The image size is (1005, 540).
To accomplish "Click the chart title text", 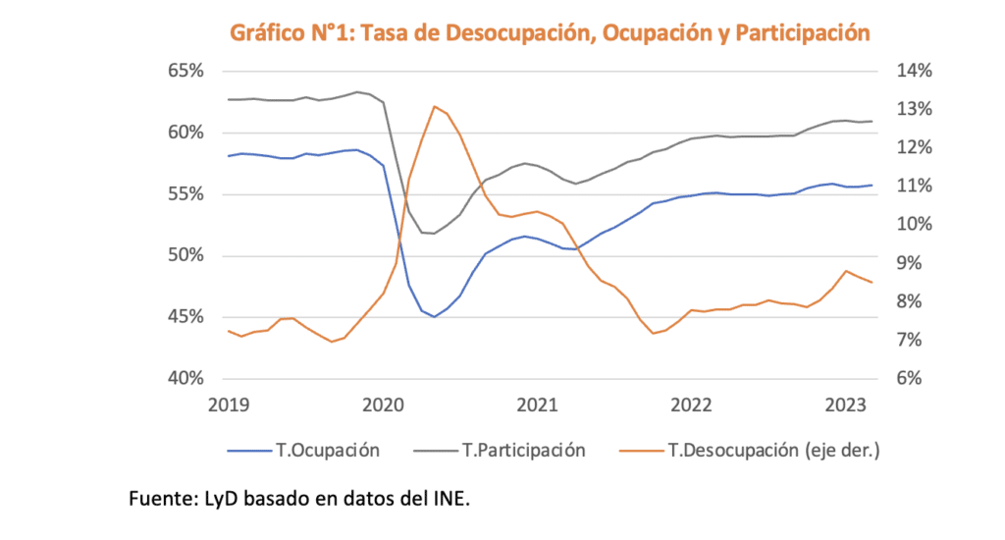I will [x=550, y=32].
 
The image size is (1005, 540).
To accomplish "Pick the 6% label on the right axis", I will [x=909, y=379].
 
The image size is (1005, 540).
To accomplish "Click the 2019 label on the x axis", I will [x=228, y=405].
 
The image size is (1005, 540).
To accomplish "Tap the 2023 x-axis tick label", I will [x=845, y=405].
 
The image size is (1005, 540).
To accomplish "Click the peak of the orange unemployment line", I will [x=434, y=106].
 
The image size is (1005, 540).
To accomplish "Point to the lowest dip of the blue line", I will [x=434, y=316].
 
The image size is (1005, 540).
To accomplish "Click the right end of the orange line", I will [x=873, y=283].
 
